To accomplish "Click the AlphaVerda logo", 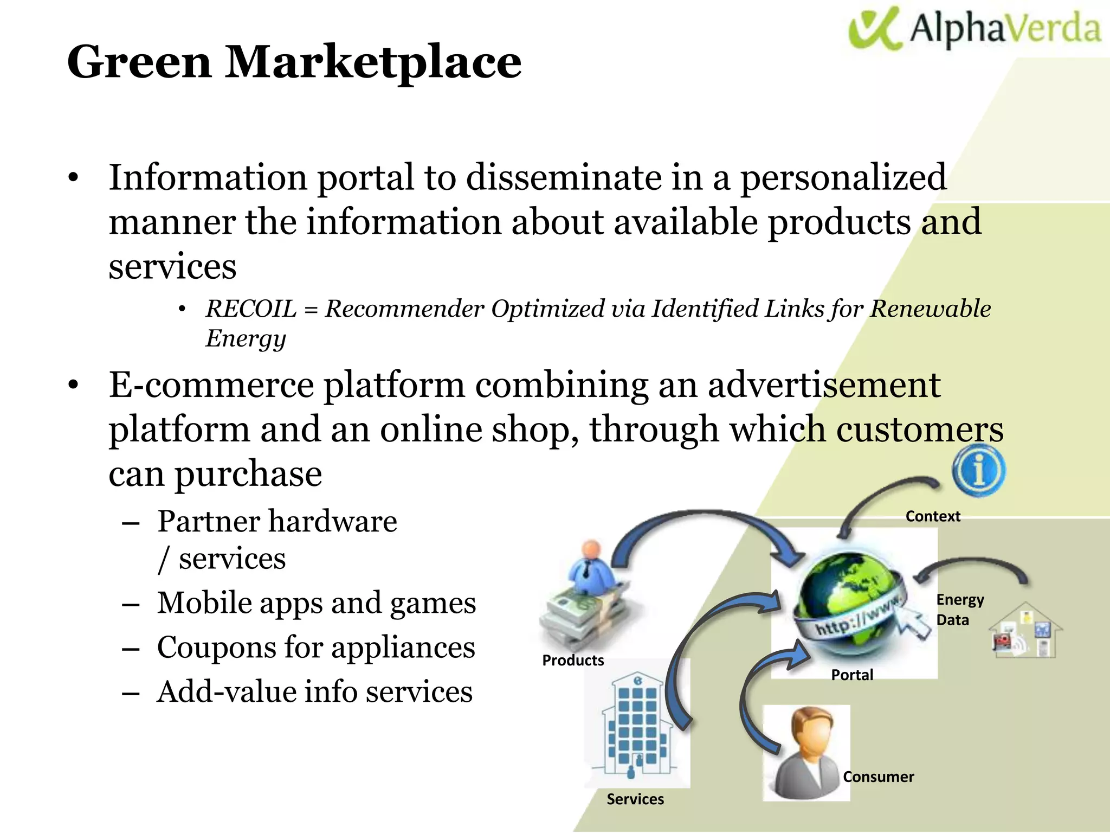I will [975, 28].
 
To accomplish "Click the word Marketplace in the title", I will [373, 62].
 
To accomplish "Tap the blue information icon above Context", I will [979, 470].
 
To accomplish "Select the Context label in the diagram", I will [932, 516].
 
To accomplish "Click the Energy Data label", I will [959, 610].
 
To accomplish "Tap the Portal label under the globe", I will [852, 675].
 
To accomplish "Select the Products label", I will [573, 661].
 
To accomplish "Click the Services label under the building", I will [635, 799].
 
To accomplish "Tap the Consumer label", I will [878, 777].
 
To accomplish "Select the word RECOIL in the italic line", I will [251, 309].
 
